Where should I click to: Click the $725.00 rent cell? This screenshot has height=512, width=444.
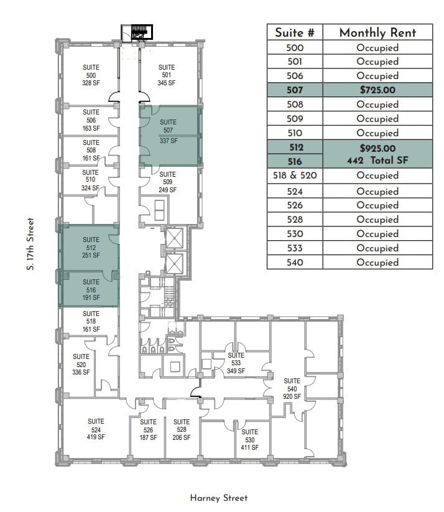coord(377,90)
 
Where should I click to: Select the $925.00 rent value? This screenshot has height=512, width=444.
coord(377,148)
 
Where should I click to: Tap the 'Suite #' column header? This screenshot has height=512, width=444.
coord(295,33)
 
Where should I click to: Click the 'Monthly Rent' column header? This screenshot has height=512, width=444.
coord(377,33)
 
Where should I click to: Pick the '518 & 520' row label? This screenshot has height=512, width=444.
coord(295,176)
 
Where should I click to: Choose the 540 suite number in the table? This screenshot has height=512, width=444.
coord(295,263)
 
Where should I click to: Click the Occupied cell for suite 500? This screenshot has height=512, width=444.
coord(377,48)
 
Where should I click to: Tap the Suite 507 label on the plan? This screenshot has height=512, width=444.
coord(168,131)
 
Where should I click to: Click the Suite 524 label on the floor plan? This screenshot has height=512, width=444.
coord(96,429)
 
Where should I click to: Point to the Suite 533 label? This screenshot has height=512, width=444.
coord(236,363)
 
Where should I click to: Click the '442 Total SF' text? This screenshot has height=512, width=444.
coord(377,161)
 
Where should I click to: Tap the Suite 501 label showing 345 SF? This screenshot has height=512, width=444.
coord(166,75)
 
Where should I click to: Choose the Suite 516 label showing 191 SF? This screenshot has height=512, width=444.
coord(91,290)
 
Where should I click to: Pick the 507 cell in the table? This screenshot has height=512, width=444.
coord(295,90)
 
